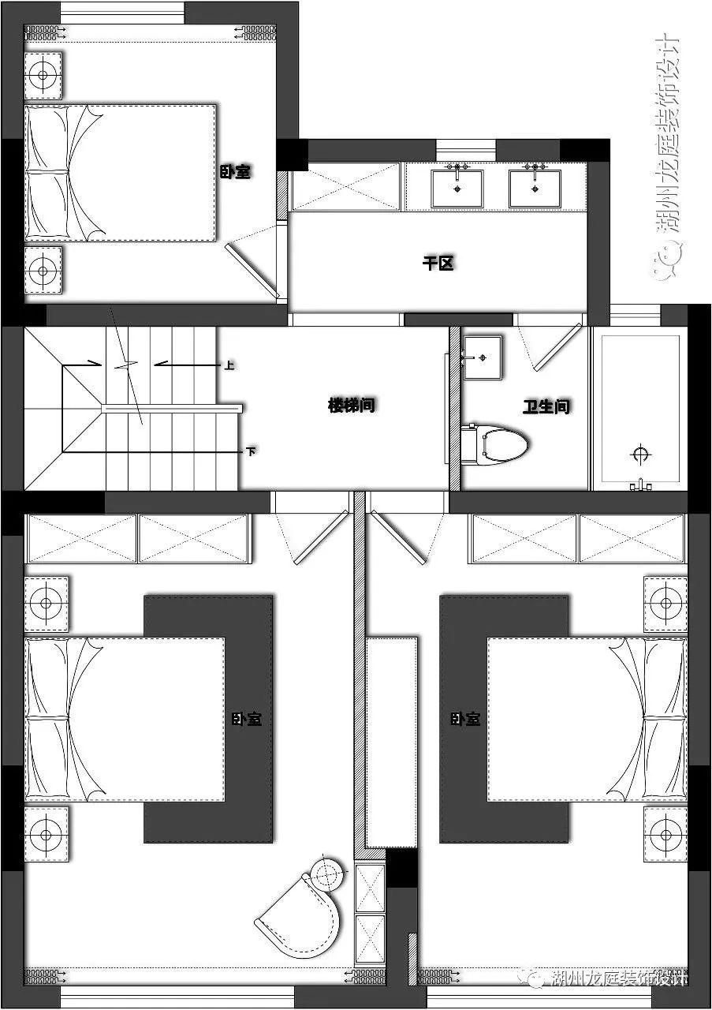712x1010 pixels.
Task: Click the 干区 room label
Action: pyautogui.click(x=438, y=264)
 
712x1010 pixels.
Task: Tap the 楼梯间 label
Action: pyautogui.click(x=352, y=406)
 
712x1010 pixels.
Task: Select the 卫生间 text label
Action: pyautogui.click(x=546, y=407)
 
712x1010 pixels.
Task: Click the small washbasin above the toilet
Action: pyautogui.click(x=482, y=357)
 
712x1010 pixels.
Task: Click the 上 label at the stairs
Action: pyautogui.click(x=229, y=365)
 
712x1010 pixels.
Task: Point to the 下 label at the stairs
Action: pyautogui.click(x=251, y=452)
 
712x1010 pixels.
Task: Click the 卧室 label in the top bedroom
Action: pyautogui.click(x=235, y=171)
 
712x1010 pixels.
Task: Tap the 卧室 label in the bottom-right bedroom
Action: pyautogui.click(x=465, y=719)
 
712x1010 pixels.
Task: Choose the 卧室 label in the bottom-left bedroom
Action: pyautogui.click(x=247, y=719)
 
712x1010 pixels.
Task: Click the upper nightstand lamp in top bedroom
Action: pyautogui.click(x=43, y=75)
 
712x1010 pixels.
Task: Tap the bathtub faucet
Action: pyautogui.click(x=641, y=484)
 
